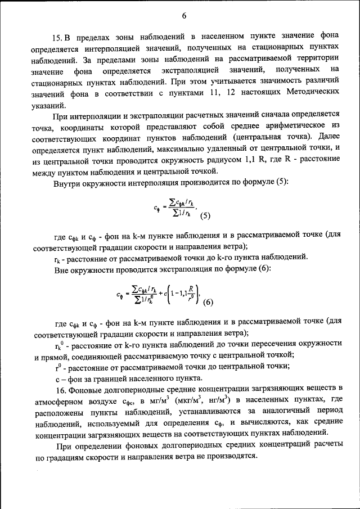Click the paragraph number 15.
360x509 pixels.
58,39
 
